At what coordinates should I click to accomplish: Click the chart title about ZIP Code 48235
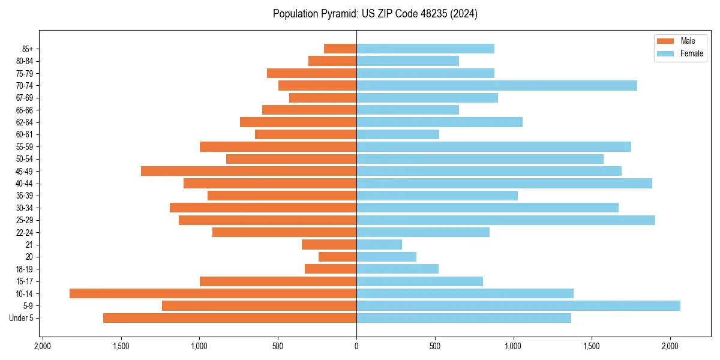(x=375, y=14)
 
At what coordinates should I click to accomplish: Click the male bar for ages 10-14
(x=213, y=293)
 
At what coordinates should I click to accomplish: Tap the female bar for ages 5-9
(x=518, y=305)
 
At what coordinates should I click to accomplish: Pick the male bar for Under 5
(x=230, y=318)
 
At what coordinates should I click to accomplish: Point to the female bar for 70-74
(x=497, y=85)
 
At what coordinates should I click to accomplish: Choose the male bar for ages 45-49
(x=249, y=171)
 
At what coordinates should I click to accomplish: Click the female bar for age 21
(x=379, y=244)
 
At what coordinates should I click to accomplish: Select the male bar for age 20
(x=338, y=257)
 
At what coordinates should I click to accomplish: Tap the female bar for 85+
(x=425, y=49)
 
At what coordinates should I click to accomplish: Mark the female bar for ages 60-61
(x=398, y=134)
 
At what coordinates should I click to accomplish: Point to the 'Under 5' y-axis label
(x=22, y=318)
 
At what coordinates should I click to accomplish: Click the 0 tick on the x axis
(x=356, y=346)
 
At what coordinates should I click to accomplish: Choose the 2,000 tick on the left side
(x=42, y=346)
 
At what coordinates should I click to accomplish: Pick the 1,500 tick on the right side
(x=592, y=346)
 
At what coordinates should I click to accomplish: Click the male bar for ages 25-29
(x=268, y=220)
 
